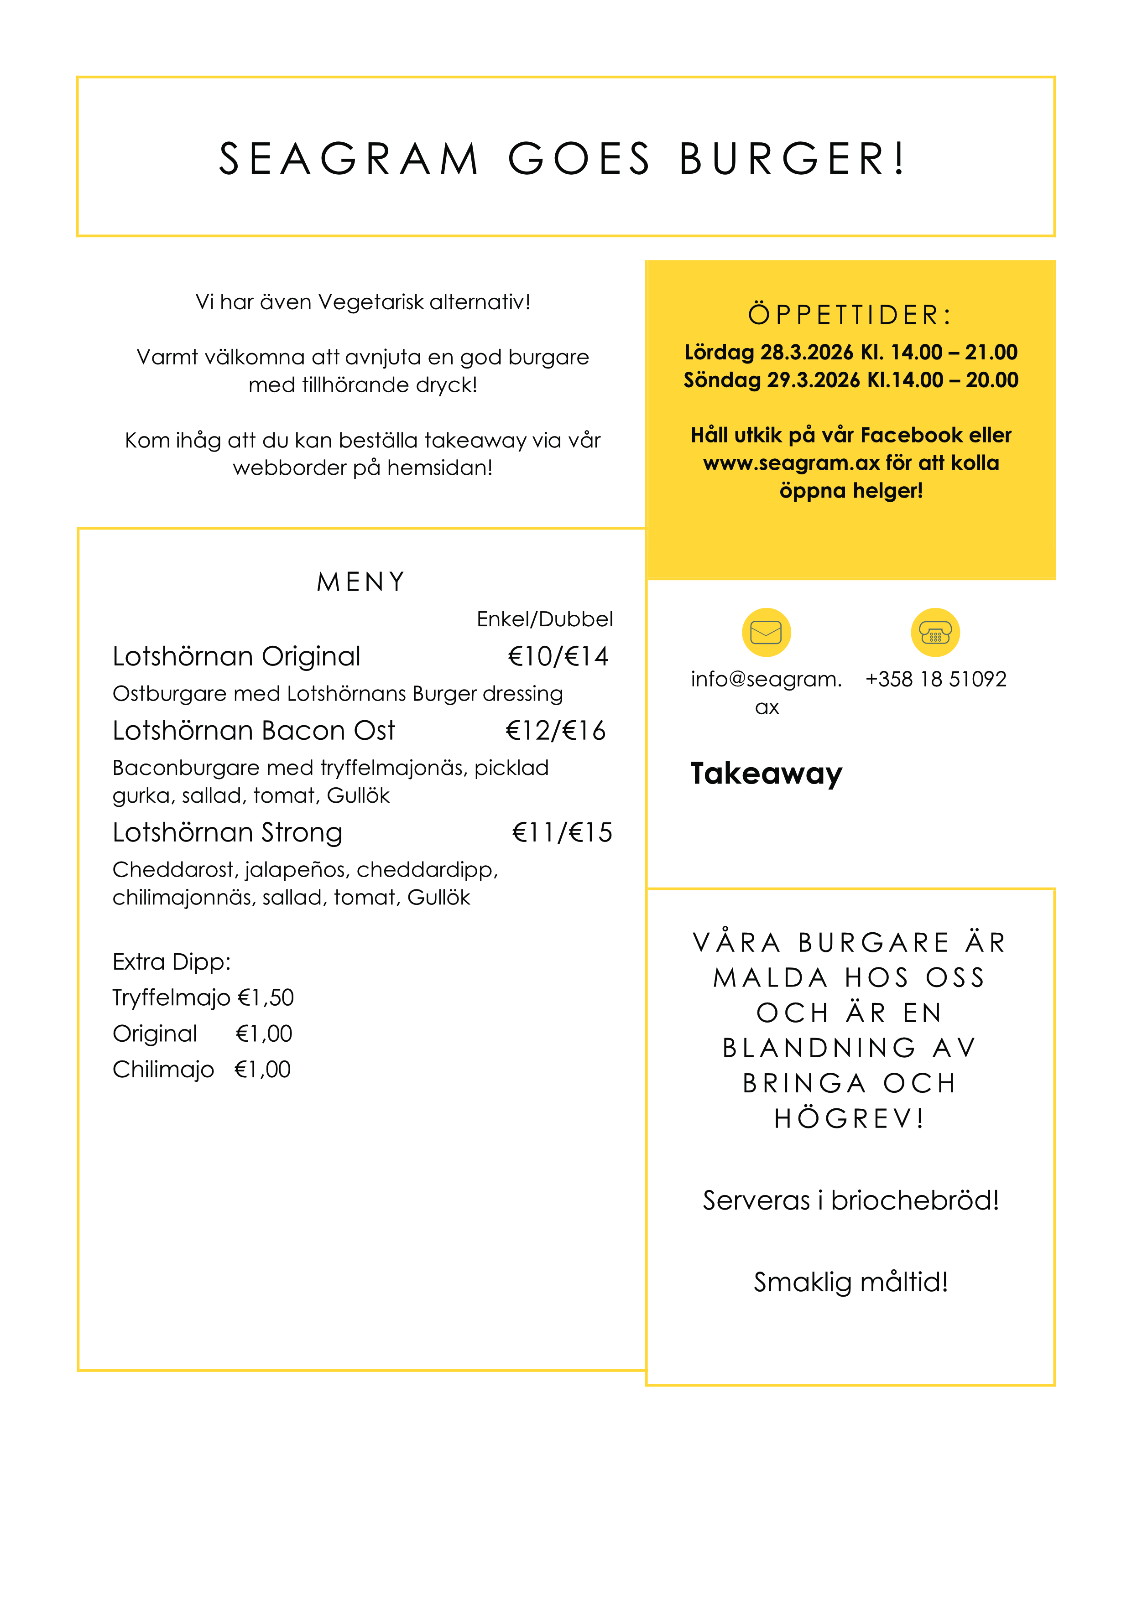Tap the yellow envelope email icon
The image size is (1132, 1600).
(x=766, y=632)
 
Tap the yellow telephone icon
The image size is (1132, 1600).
(x=935, y=632)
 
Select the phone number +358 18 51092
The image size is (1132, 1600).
(x=935, y=679)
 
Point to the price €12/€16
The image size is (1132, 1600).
(x=556, y=730)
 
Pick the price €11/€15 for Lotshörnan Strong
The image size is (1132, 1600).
(x=562, y=832)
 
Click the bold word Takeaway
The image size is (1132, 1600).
(x=766, y=774)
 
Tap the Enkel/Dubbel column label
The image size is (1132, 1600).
(x=544, y=619)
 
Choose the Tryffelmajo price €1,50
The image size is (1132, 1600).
(x=266, y=997)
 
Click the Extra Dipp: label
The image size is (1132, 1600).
(x=172, y=961)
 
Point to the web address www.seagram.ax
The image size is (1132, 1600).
(x=791, y=463)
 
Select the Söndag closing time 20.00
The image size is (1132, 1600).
(x=992, y=380)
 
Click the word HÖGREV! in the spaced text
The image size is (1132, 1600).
(x=850, y=1118)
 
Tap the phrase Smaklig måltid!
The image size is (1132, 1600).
(x=850, y=1282)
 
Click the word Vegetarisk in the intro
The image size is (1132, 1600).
(x=371, y=302)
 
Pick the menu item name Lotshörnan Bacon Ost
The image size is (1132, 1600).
(x=254, y=730)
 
